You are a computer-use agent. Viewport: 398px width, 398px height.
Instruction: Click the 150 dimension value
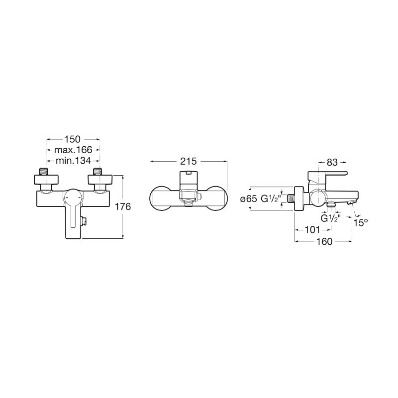coord(72,139)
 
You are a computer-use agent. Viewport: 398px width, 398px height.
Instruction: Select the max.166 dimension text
coord(73,150)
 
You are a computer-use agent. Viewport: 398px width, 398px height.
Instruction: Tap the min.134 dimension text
coord(73,160)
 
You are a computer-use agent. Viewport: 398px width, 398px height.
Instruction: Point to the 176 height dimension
coord(123,206)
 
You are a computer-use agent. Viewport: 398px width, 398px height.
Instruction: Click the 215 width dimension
coord(189,161)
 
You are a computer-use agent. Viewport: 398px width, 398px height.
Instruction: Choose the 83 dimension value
coord(332,162)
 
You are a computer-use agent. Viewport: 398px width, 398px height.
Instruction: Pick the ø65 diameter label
coord(249,199)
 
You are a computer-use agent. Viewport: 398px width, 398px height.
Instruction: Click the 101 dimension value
coord(312,230)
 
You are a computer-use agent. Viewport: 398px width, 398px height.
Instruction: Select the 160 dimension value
coord(324,241)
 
